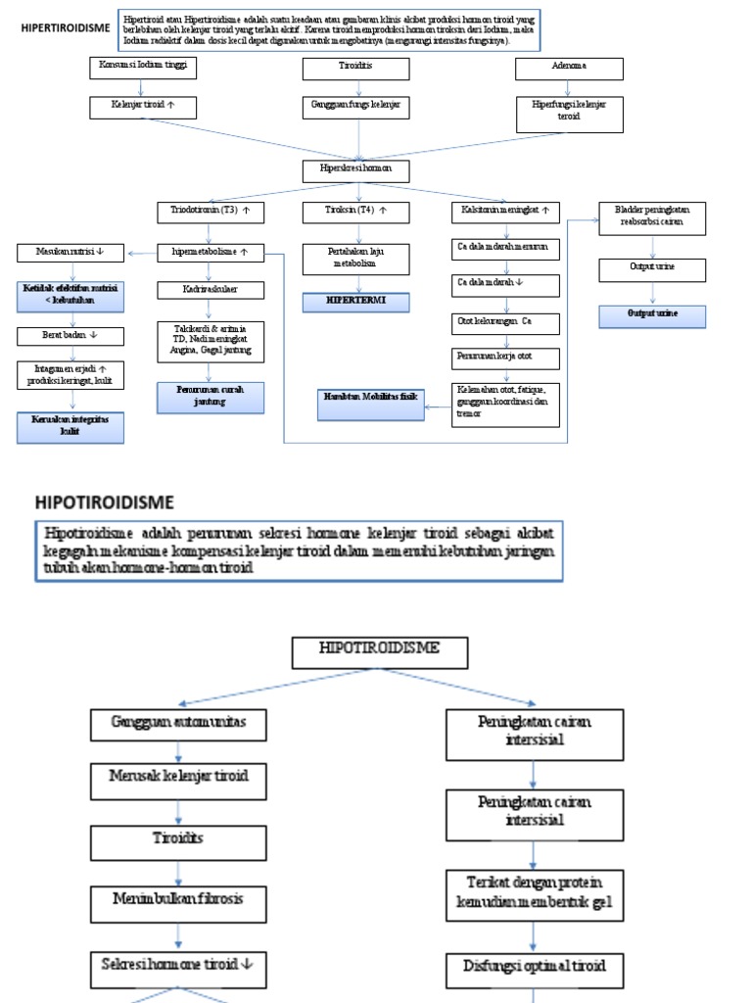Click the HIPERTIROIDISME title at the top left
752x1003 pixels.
click(x=65, y=28)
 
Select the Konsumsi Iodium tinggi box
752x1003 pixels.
click(x=142, y=68)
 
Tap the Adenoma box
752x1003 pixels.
click(x=569, y=69)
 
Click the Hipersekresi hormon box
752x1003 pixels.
click(x=355, y=170)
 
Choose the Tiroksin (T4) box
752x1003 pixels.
click(x=354, y=211)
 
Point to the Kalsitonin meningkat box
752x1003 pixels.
click(x=505, y=211)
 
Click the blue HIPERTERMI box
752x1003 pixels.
click(x=356, y=301)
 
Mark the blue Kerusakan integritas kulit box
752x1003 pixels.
click(x=70, y=425)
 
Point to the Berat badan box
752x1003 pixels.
click(x=70, y=335)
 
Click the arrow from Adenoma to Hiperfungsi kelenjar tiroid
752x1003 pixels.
click(x=569, y=87)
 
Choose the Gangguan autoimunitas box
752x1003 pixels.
click(x=177, y=726)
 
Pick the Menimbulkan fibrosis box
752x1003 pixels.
click(x=177, y=899)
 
